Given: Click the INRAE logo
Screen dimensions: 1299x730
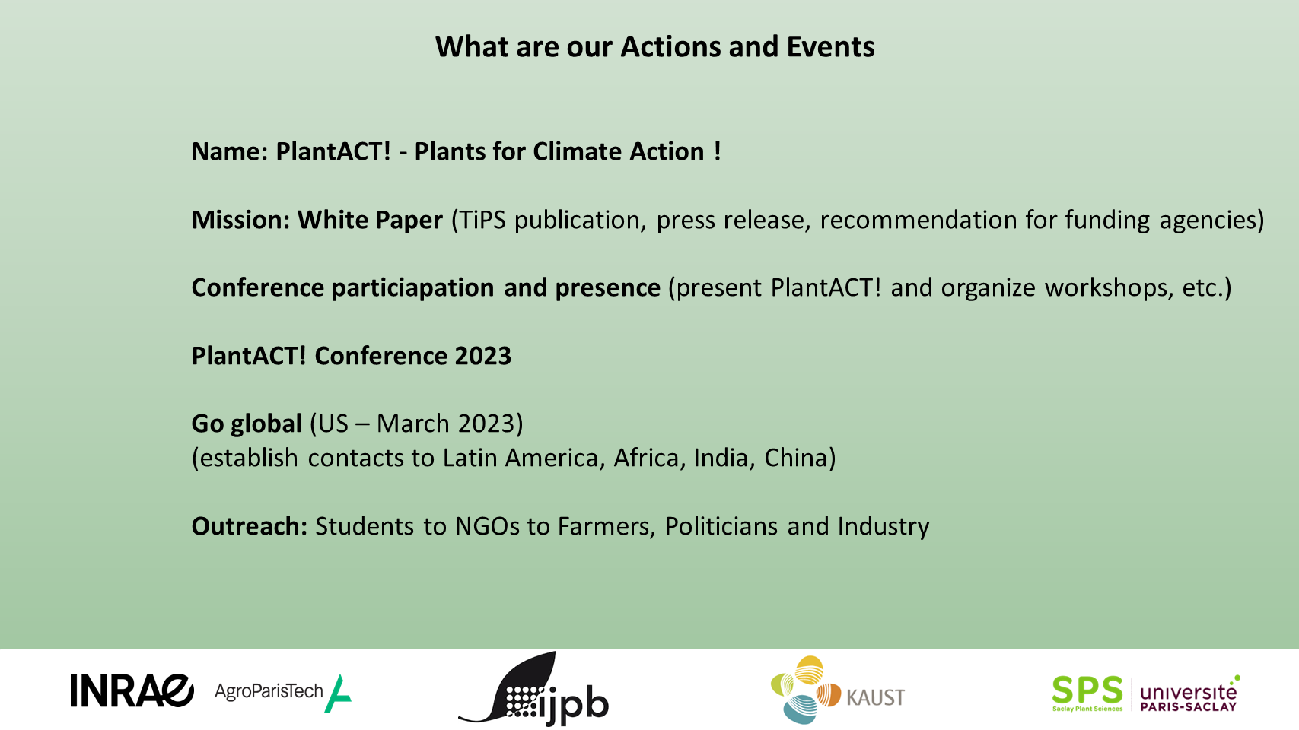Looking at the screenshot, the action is [132, 690].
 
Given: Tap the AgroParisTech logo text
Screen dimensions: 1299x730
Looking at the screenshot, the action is [269, 691].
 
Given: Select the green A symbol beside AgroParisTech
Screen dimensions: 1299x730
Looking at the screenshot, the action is [338, 693].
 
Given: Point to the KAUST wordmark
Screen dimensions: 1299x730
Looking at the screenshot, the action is [876, 697].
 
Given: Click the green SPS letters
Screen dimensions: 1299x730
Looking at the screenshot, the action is [1087, 690].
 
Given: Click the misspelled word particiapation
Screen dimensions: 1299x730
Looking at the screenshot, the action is [412, 288].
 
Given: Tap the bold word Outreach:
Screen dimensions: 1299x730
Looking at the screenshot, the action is [250, 527].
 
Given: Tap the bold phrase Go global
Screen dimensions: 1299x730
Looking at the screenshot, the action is [247, 424].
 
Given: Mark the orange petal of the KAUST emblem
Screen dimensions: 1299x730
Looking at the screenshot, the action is [829, 694].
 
